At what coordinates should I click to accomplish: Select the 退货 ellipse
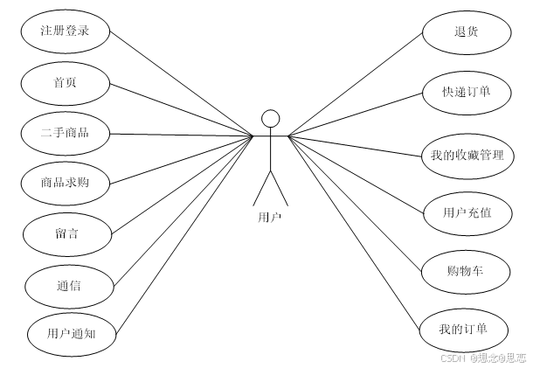click(465, 33)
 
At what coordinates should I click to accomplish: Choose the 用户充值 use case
click(465, 212)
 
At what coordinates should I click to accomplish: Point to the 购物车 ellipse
click(465, 270)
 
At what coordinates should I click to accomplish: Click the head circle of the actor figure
click(271, 118)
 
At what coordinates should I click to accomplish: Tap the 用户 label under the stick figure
click(270, 216)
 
